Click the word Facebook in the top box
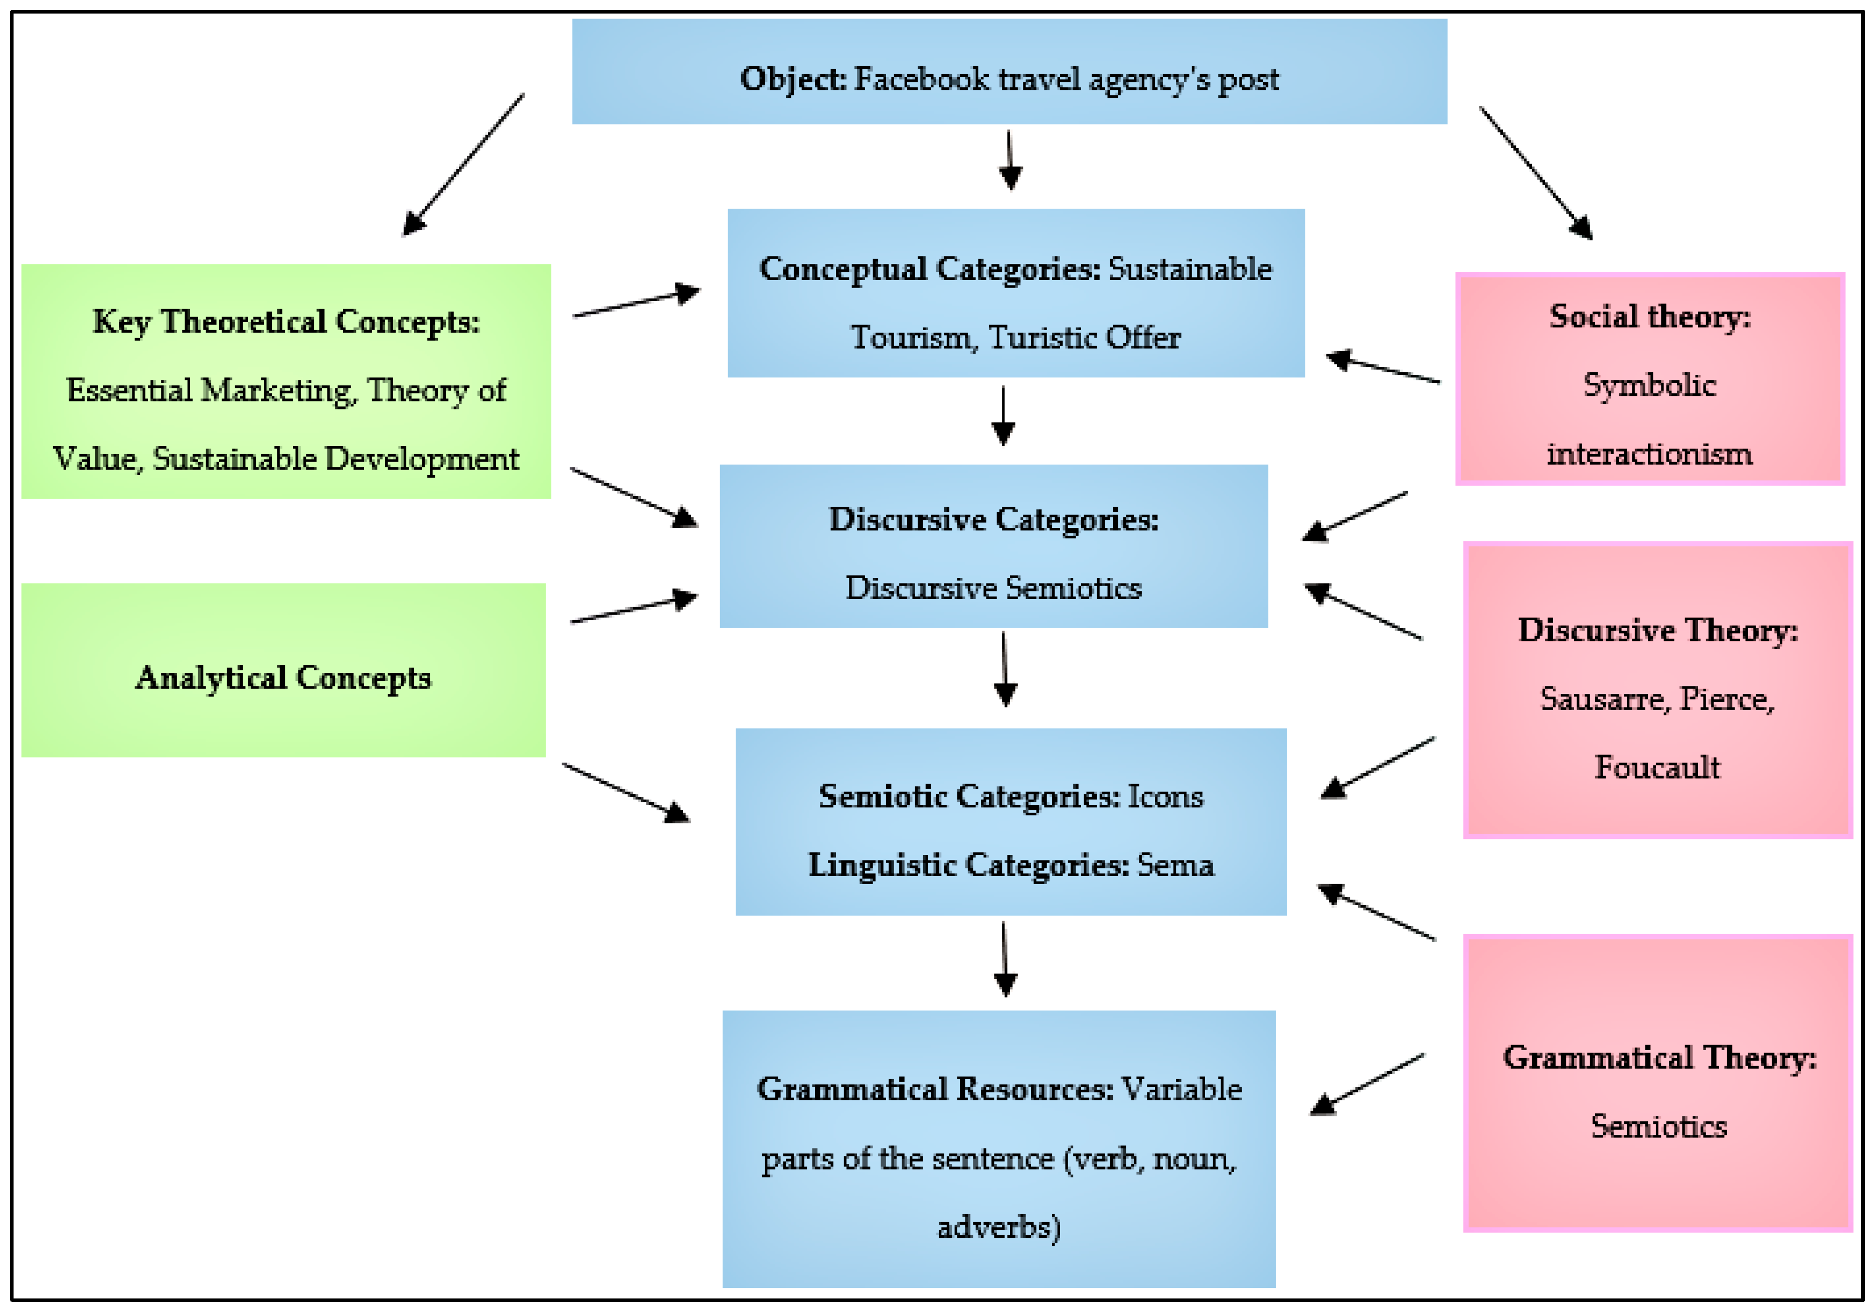921,79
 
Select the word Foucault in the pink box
1657,767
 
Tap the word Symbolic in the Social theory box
1649,385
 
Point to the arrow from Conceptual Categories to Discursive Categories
1003,415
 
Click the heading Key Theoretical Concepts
285,322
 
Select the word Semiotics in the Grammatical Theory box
1658,1126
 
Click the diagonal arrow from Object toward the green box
463,165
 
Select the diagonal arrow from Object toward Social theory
1536,173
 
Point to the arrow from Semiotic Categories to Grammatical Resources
1004,959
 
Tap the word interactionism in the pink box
1649,454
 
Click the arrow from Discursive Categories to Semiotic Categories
1004,669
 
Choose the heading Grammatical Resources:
935,1089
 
